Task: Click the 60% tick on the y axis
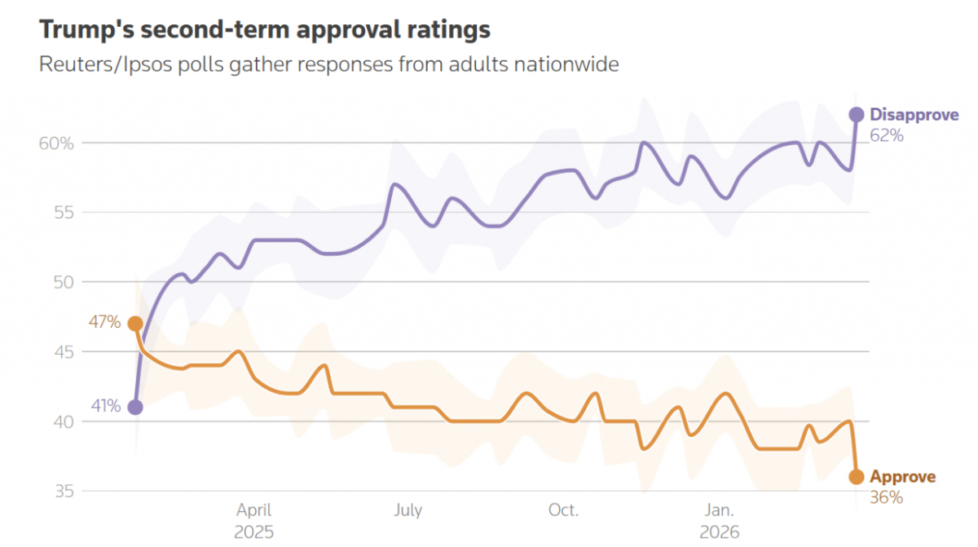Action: pyautogui.click(x=56, y=143)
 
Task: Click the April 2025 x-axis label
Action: pyautogui.click(x=254, y=521)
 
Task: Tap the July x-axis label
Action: pyautogui.click(x=408, y=511)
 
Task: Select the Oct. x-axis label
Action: pyautogui.click(x=563, y=511)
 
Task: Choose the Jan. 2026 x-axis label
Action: pyautogui.click(x=719, y=521)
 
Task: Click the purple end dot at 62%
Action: pyautogui.click(x=857, y=115)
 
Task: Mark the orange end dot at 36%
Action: pyautogui.click(x=857, y=477)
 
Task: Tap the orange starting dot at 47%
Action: pyautogui.click(x=135, y=324)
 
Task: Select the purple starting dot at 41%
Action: pyautogui.click(x=135, y=407)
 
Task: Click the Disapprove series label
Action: pyautogui.click(x=914, y=115)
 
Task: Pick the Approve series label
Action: pyautogui.click(x=903, y=477)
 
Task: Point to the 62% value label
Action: pyautogui.click(x=887, y=135)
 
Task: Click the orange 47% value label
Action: pyautogui.click(x=104, y=324)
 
